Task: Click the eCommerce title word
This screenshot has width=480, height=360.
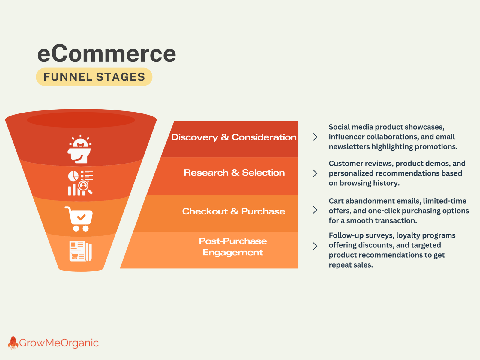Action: coord(106,54)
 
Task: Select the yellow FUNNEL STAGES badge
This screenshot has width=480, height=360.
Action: coord(94,77)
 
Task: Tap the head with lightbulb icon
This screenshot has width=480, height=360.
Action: coord(79,149)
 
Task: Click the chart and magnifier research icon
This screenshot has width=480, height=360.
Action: coord(80,183)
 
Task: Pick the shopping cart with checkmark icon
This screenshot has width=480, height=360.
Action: coord(79,219)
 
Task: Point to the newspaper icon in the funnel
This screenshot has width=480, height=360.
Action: coord(80,251)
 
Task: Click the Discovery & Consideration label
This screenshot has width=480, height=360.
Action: coord(234,137)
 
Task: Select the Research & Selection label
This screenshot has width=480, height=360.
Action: coord(234,172)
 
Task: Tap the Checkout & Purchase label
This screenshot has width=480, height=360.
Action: coord(234,211)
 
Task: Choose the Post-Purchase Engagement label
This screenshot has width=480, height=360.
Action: coord(233,247)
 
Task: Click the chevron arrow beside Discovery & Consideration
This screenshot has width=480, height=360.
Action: coord(315,137)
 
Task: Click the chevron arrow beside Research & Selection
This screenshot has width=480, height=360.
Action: coord(315,173)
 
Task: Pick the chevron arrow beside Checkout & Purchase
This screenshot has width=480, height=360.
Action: coord(315,210)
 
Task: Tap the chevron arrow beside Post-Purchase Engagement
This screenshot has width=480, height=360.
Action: coord(315,246)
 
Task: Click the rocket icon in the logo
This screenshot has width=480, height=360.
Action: coord(13,343)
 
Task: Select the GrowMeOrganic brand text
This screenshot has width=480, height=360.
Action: coord(59,343)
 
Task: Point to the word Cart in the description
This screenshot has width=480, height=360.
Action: coord(336,201)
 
